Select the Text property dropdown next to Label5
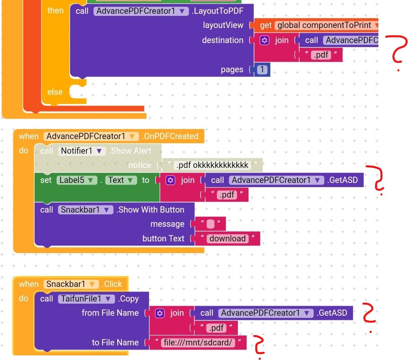pyautogui.click(x=120, y=180)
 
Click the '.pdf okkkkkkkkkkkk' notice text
pyautogui.click(x=212, y=165)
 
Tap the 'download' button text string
pyautogui.click(x=227, y=238)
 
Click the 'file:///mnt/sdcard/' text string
pyautogui.click(x=198, y=342)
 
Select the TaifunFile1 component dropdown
pyautogui.click(x=86, y=299)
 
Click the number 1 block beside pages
pyautogui.click(x=262, y=70)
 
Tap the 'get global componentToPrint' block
pyautogui.click(x=317, y=25)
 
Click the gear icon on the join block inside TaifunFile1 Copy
pyautogui.click(x=159, y=313)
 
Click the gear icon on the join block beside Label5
pyautogui.click(x=170, y=180)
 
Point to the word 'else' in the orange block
pyautogui.click(x=55, y=92)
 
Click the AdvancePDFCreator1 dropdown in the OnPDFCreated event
pyautogui.click(x=91, y=136)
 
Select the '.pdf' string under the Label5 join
pyautogui.click(x=227, y=195)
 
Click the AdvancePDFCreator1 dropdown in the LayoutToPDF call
pyautogui.click(x=141, y=11)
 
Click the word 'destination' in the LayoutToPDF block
pyautogui.click(x=222, y=40)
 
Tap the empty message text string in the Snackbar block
pyautogui.click(x=210, y=224)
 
